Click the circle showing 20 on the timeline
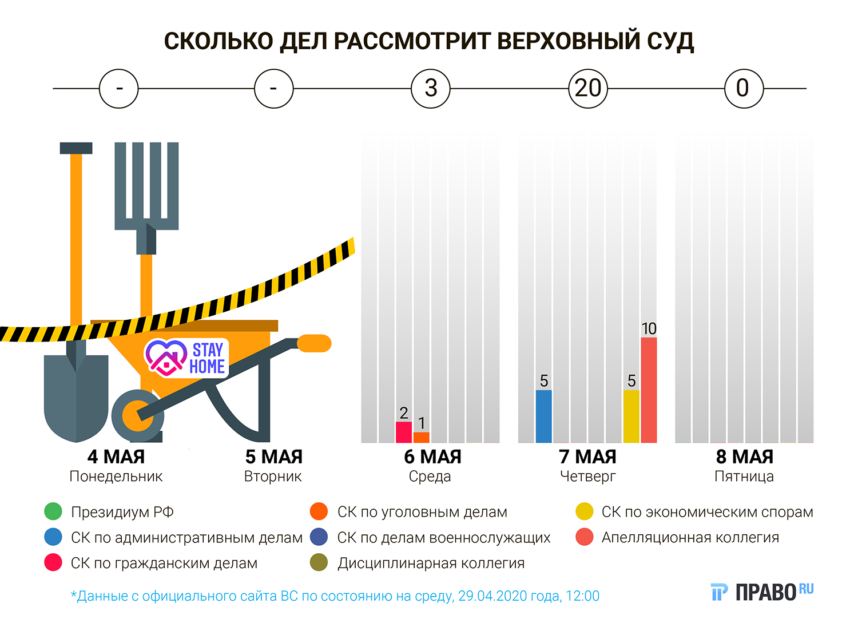588,89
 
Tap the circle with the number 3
431,89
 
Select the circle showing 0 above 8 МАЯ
743,89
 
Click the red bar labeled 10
649,390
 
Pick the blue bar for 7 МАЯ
543,416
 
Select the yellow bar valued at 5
631,416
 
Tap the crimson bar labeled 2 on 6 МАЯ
404,432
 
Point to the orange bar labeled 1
422,438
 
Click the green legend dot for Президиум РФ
53,511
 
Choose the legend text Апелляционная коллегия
690,538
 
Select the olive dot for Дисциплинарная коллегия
319,563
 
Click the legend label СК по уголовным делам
422,512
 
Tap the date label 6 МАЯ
432,457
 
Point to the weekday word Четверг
588,477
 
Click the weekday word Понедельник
116,477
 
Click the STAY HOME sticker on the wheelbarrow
186,358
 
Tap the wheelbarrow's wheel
137,416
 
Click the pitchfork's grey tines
146,183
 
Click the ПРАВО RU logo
761,592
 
